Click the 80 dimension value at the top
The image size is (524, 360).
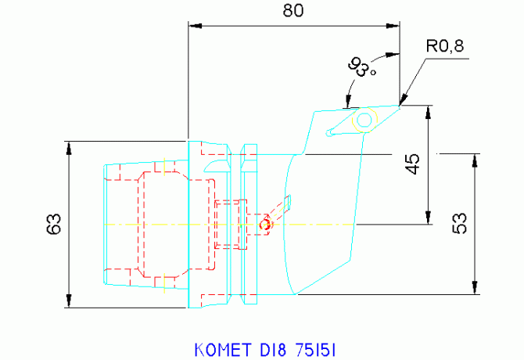[x=293, y=10]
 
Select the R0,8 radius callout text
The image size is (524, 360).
[x=445, y=46]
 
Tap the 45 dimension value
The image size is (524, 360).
[x=414, y=164]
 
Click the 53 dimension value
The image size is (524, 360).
[x=460, y=223]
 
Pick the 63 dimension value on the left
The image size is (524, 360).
[x=54, y=224]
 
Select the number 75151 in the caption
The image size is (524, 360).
[x=315, y=350]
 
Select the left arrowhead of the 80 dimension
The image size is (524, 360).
[x=196, y=26]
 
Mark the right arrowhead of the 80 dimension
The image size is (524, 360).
[x=393, y=26]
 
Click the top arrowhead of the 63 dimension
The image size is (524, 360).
[x=69, y=149]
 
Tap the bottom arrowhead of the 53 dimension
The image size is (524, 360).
[x=475, y=287]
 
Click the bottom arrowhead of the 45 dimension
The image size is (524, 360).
[x=429, y=218]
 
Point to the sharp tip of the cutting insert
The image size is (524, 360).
[x=400, y=106]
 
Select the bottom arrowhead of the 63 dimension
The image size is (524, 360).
[x=69, y=301]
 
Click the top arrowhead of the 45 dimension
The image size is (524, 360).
[x=429, y=113]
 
